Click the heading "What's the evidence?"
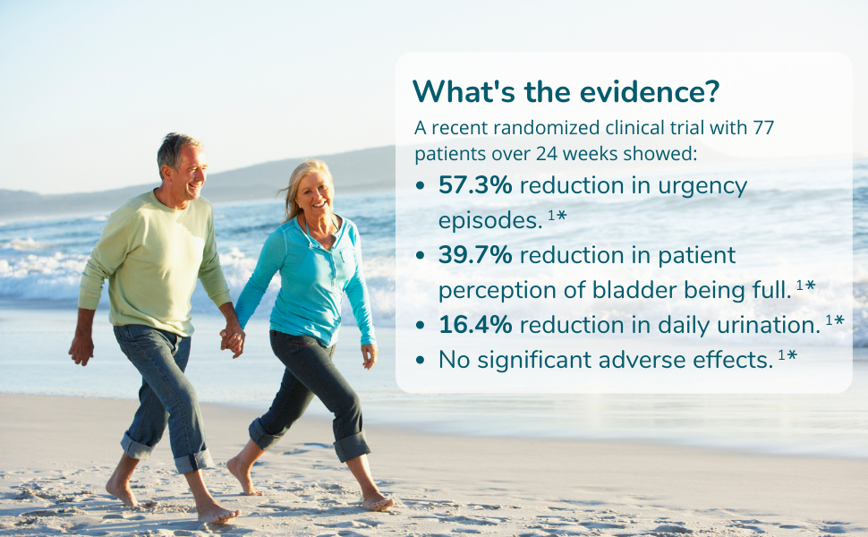[566, 91]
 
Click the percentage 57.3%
[475, 186]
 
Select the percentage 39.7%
[475, 255]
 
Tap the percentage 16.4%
[475, 324]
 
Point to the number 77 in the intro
[763, 128]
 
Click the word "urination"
[777, 324]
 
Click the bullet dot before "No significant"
[421, 361]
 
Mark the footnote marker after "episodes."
[557, 217]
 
